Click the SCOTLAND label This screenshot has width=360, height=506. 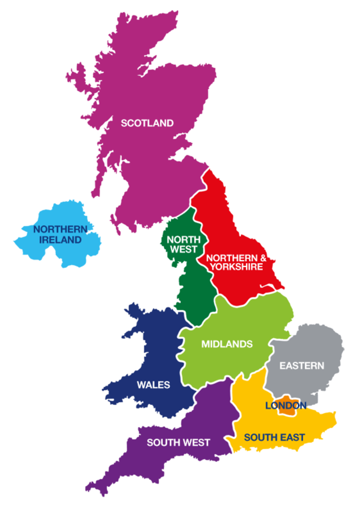147,123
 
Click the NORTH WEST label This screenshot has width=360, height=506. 182,244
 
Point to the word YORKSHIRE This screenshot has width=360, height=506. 234,267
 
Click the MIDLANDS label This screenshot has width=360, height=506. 227,344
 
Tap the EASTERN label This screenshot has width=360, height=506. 301,365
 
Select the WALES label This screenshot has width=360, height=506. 153,385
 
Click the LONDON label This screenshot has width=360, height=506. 286,406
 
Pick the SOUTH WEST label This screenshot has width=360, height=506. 178,443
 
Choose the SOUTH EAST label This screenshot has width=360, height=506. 274,437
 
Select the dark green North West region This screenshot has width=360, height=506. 191,288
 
